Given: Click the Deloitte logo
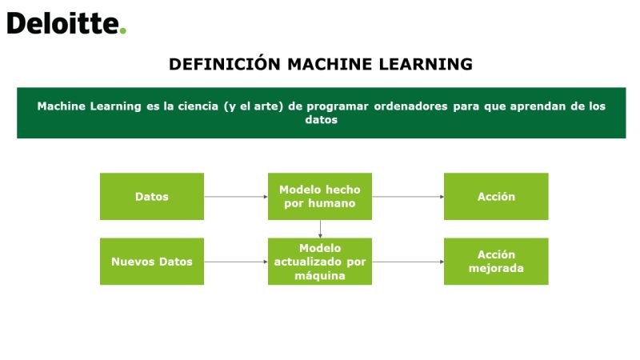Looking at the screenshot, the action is point(66,23).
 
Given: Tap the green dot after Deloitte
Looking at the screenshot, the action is point(123,30).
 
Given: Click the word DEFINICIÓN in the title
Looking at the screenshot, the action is point(225,64).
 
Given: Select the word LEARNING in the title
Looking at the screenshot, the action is point(426,65).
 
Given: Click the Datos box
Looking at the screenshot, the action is point(152,196).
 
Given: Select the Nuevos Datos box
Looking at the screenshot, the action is point(152,262).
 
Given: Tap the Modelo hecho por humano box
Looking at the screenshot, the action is point(320,196).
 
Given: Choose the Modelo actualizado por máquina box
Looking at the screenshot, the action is point(320,262).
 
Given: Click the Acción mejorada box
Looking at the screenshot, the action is point(496,262).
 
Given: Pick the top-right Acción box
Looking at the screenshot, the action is point(496,196).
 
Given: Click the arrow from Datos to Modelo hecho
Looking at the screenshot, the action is point(236,197).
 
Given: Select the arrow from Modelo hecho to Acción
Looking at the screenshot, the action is point(408,197).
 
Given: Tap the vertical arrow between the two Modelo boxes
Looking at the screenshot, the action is point(321,229).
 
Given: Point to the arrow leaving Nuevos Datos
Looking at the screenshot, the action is point(236,262).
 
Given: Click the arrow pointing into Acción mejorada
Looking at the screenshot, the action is point(408,262).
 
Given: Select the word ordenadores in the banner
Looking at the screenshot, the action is point(410,106).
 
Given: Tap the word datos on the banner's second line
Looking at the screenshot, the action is point(322,119).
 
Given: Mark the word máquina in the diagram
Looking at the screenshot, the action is point(320,276).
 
